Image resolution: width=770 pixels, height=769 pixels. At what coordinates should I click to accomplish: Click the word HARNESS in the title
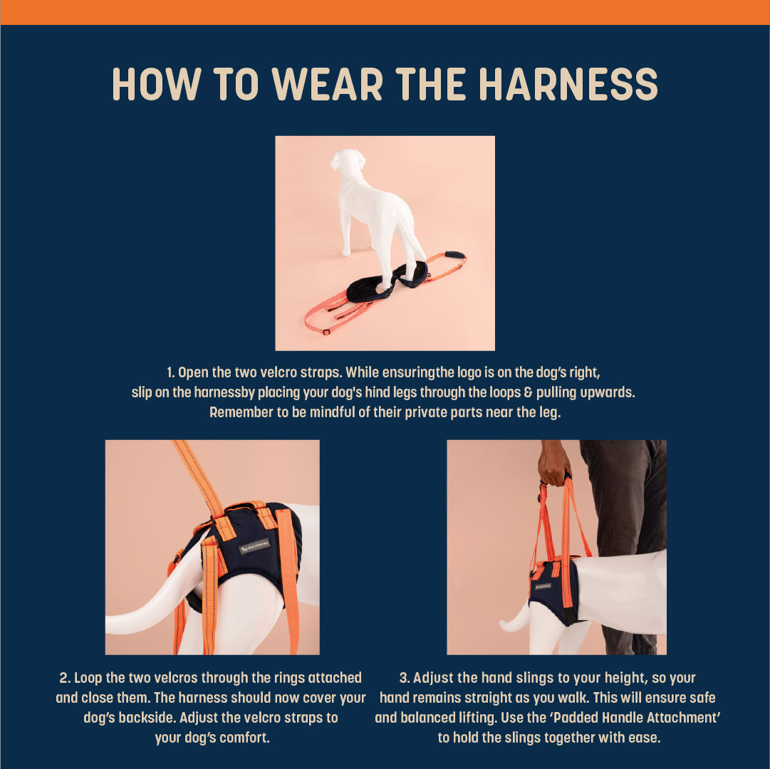coord(568,84)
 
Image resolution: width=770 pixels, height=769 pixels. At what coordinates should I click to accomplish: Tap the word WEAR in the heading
coord(327,84)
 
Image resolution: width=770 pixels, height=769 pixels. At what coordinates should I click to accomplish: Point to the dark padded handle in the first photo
coord(454,255)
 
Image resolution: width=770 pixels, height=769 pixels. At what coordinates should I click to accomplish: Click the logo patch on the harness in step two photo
coord(254,546)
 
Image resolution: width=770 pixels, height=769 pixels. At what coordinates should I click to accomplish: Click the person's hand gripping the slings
coord(554,464)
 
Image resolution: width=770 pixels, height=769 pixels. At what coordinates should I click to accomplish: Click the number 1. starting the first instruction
coord(171,372)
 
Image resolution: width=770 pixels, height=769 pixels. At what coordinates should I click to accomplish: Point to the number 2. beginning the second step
coord(65,678)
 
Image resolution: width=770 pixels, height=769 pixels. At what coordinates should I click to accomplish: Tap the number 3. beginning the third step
coord(405,678)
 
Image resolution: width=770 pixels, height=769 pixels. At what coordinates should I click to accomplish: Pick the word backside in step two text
coord(146,718)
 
